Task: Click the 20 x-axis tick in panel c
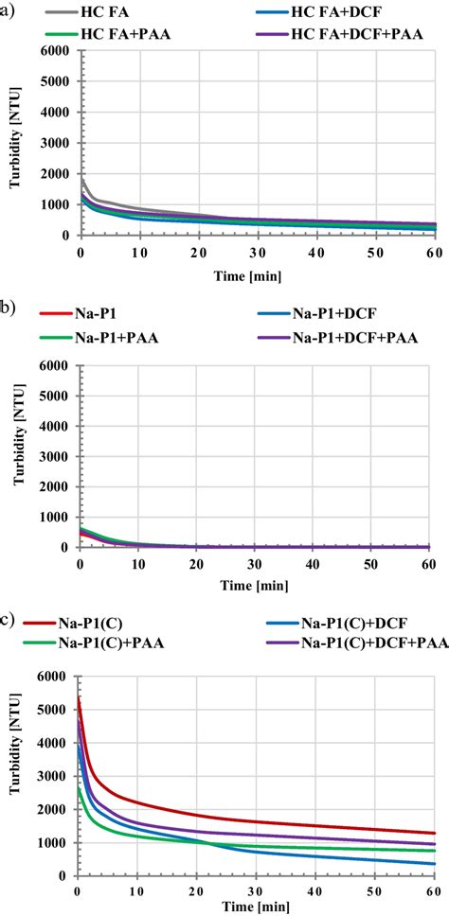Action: pyautogui.click(x=196, y=891)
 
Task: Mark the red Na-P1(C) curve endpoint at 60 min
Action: pyautogui.click(x=434, y=834)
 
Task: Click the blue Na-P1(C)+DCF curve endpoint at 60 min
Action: pyautogui.click(x=434, y=863)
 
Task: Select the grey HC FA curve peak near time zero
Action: pyautogui.click(x=81, y=179)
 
